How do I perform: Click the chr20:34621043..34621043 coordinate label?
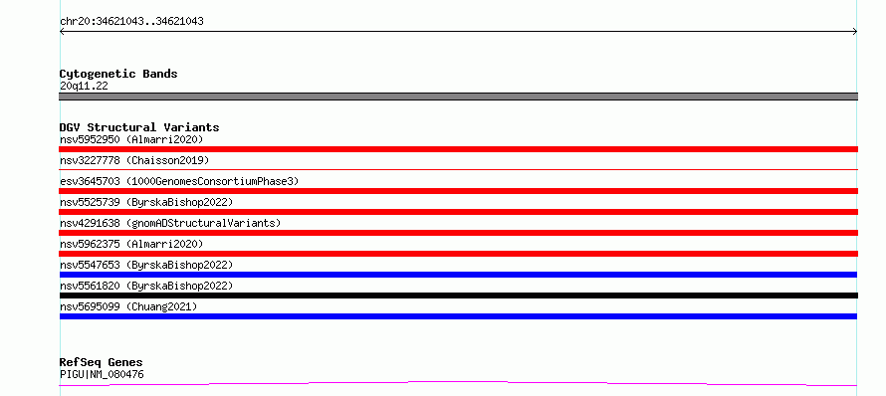pyautogui.click(x=131, y=22)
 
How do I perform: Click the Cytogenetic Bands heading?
pyautogui.click(x=118, y=74)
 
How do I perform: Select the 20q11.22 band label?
pyautogui.click(x=84, y=87)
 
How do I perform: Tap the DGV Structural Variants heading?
pyautogui.click(x=139, y=127)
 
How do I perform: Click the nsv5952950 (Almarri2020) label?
pyautogui.click(x=131, y=139)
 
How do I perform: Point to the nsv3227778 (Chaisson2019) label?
pyautogui.click(x=134, y=160)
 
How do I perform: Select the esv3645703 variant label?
pyautogui.click(x=179, y=181)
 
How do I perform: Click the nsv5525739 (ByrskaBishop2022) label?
pyautogui.click(x=146, y=202)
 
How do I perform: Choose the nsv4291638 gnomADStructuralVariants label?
pyautogui.click(x=170, y=223)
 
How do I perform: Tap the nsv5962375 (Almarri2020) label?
pyautogui.click(x=131, y=244)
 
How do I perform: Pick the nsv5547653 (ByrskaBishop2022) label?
pyautogui.click(x=146, y=265)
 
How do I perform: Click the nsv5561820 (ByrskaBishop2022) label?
pyautogui.click(x=146, y=286)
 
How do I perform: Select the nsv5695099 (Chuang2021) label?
pyautogui.click(x=128, y=306)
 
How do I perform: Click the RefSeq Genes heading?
pyautogui.click(x=102, y=362)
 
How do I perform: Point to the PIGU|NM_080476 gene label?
pyautogui.click(x=102, y=374)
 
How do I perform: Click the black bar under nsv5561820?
pyautogui.click(x=459, y=296)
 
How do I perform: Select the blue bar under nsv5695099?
pyautogui.click(x=458, y=316)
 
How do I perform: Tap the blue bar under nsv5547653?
pyautogui.click(x=458, y=275)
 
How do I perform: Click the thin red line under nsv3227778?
pyautogui.click(x=459, y=169)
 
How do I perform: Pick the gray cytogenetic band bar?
pyautogui.click(x=459, y=97)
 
